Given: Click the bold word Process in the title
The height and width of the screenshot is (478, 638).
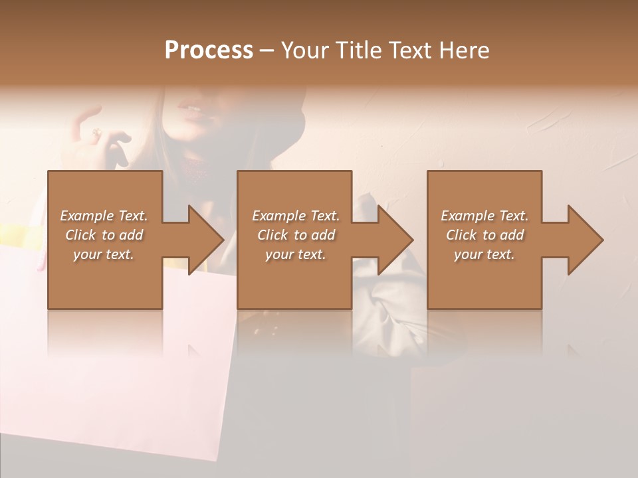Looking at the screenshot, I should tap(209, 50).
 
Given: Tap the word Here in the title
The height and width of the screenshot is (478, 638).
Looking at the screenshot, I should tap(465, 50).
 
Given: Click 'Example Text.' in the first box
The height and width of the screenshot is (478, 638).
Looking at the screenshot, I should tap(104, 216).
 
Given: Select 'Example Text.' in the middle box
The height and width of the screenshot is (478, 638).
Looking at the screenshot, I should tap(296, 216).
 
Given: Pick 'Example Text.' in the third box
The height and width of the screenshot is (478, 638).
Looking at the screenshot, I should tap(484, 216).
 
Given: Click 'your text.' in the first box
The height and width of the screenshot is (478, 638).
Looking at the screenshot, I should tap(104, 254).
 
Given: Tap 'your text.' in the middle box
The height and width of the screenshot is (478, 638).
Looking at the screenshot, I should tap(295, 254).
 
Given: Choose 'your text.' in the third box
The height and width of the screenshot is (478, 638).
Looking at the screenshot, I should tap(484, 254).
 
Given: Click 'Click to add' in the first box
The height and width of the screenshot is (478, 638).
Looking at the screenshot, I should tap(104, 235).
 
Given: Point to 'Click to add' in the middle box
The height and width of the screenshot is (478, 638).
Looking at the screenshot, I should tap(296, 235).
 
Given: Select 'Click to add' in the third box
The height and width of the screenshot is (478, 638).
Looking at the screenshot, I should tap(484, 235).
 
